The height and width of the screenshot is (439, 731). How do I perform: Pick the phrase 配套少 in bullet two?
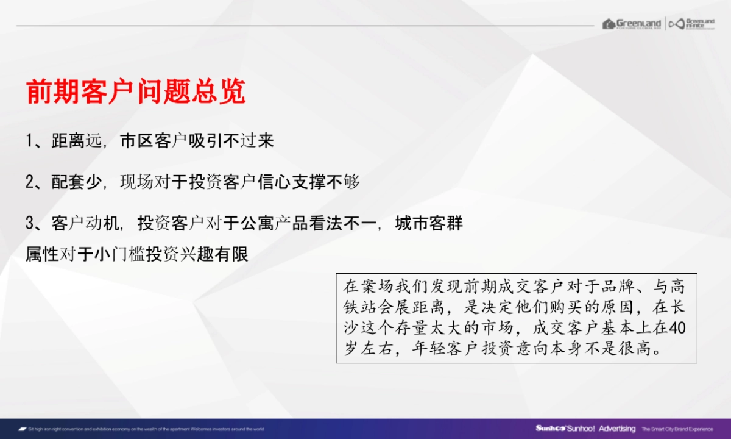[x=77, y=182]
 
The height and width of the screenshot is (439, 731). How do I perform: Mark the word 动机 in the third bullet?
[x=103, y=224]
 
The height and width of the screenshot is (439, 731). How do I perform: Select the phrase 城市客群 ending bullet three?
[x=429, y=224]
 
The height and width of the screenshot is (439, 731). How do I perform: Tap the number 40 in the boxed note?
[x=677, y=329]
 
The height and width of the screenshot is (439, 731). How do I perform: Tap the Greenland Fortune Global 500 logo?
[x=632, y=24]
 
